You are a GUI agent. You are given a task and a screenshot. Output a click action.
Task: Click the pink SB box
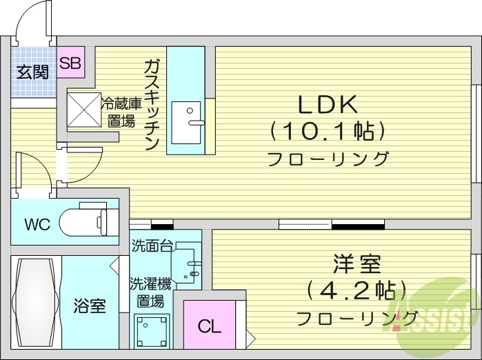pos(70,63)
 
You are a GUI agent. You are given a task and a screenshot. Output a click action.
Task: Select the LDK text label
pos(328,105)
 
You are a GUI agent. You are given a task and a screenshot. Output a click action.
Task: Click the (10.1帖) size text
pos(328,130)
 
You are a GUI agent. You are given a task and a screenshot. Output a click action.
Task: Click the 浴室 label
pos(90,305)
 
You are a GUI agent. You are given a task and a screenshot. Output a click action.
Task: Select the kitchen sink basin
pos(185,122)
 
